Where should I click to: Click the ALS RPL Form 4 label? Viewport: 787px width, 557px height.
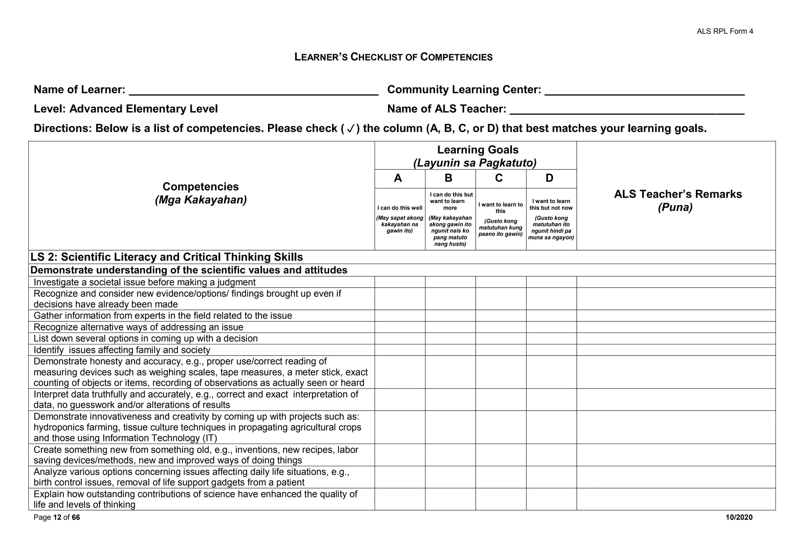[x=725, y=32]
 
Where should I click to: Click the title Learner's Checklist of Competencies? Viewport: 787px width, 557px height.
[x=393, y=57]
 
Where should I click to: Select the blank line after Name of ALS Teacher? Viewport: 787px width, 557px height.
[x=627, y=111]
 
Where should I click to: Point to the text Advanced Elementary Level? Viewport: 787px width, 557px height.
[x=143, y=109]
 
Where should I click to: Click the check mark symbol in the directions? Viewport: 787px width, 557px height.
[x=350, y=129]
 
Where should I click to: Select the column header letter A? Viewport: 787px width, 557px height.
[x=398, y=178]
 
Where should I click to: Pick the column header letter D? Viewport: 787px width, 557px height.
[x=549, y=178]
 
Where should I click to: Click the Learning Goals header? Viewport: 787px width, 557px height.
[x=477, y=150]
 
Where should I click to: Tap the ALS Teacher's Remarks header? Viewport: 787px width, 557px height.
[x=677, y=194]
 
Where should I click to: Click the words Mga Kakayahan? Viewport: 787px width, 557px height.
[x=201, y=200]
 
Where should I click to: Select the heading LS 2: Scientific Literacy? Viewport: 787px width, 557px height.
[x=166, y=257]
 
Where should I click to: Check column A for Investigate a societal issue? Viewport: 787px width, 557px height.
[x=400, y=282]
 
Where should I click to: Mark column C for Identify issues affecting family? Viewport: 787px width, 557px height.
[x=500, y=350]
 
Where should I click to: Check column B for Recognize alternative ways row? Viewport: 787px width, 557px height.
[x=450, y=327]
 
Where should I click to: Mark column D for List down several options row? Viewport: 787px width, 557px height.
[x=551, y=338]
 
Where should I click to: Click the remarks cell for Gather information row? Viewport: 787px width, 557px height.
[x=676, y=316]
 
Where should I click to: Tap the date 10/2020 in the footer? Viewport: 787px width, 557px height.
[x=739, y=517]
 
